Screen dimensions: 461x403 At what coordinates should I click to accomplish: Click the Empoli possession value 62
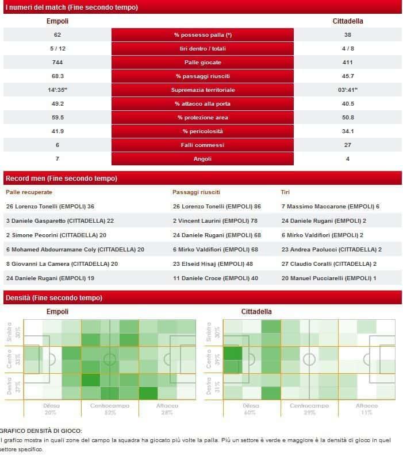click(x=57, y=35)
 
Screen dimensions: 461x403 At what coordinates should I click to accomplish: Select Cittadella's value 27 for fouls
click(x=348, y=145)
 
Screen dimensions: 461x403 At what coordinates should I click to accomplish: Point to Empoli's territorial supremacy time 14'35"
click(x=57, y=90)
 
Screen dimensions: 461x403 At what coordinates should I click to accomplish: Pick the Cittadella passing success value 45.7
click(x=348, y=76)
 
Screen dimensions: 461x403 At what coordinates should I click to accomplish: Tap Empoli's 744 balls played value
click(x=57, y=63)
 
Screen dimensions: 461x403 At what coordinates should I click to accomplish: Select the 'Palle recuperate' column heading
click(x=29, y=192)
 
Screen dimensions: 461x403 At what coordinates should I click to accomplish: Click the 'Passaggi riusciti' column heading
click(x=196, y=192)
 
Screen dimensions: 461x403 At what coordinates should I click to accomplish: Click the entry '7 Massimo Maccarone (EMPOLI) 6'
click(x=331, y=206)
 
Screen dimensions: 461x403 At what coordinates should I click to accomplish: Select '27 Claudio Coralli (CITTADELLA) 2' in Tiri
click(x=329, y=264)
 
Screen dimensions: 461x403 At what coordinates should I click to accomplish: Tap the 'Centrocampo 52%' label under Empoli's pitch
click(x=109, y=409)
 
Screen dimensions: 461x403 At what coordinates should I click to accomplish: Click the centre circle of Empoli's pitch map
click(x=109, y=359)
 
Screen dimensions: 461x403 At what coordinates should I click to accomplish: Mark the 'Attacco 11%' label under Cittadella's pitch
click(x=367, y=409)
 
